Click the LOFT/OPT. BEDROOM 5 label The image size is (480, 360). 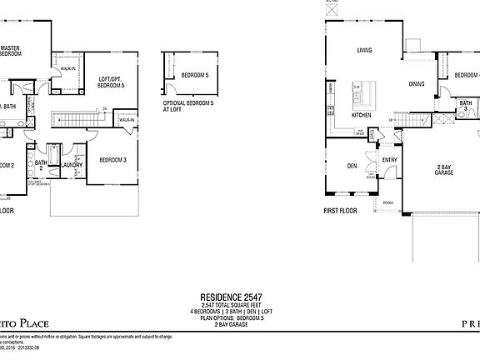coord(111,82)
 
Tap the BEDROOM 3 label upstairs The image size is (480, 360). coord(112,159)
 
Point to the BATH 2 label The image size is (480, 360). coord(41,165)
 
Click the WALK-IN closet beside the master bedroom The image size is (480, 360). coord(67,69)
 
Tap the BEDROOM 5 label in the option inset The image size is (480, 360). coord(194,74)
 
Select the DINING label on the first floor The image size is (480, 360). coord(416,84)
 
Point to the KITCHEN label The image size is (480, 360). coord(361,115)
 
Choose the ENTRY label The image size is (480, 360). coord(389,159)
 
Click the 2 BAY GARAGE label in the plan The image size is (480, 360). coord(443,172)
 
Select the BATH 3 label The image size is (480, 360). coord(466,106)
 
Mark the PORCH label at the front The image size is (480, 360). coord(387,202)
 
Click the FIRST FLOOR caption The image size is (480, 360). coord(339,211)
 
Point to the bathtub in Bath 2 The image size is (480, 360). coord(53,156)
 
